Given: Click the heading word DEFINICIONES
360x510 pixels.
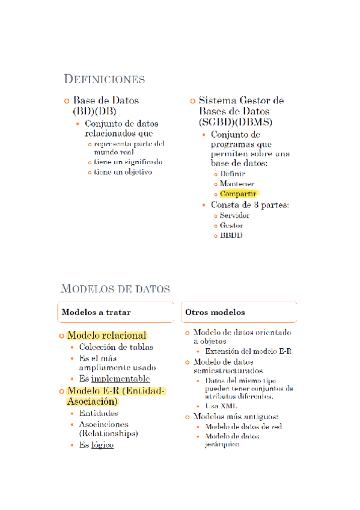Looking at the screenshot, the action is [104, 79].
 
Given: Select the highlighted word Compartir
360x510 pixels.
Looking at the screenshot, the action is [239, 194].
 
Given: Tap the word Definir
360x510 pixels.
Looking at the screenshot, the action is [233, 173].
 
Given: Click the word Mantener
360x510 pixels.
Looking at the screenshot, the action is [237, 183].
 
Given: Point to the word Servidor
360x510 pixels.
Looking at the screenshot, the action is [235, 215].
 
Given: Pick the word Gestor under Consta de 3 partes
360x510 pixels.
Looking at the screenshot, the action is [231, 226].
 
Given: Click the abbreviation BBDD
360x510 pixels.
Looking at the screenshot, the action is [231, 236].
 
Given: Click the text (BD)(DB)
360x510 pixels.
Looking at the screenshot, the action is [94, 111].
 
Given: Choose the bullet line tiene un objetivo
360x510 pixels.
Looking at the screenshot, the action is [123, 172].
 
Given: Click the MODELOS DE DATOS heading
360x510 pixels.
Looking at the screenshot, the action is [115, 289].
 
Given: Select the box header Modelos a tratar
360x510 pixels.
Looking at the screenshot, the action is [96, 313].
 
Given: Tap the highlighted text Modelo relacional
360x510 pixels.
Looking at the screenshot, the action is [107, 335].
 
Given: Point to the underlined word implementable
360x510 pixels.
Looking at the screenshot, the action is [120, 379].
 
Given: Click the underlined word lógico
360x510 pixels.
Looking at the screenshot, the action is [102, 444].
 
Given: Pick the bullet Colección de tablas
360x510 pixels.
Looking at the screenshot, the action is [116, 347].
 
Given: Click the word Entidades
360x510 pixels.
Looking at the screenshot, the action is [99, 413].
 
